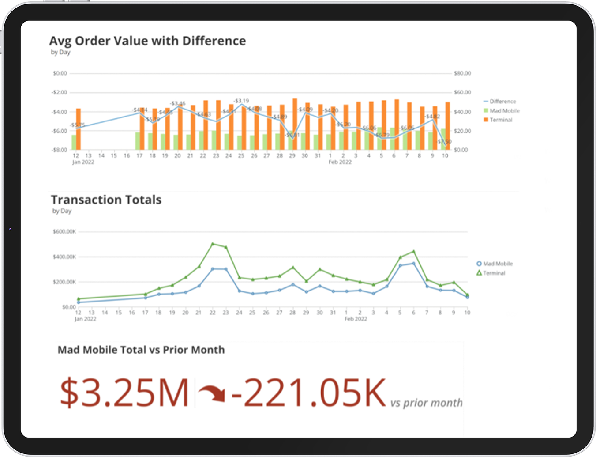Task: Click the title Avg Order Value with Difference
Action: tap(147, 41)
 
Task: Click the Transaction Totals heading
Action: tap(106, 200)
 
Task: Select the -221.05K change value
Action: tap(308, 393)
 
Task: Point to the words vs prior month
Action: tap(426, 403)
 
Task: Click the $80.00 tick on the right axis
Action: tap(462, 73)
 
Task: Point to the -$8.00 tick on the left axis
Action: tap(59, 150)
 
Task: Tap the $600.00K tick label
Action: tap(64, 232)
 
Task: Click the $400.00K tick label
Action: tap(64, 257)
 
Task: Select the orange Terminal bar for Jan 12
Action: tap(79, 129)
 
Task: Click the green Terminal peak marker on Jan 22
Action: tap(213, 244)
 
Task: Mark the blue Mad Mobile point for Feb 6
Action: tap(413, 264)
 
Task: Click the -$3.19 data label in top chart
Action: tap(241, 101)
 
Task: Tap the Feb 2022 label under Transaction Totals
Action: tap(356, 319)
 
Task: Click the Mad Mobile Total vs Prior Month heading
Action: tap(141, 350)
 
